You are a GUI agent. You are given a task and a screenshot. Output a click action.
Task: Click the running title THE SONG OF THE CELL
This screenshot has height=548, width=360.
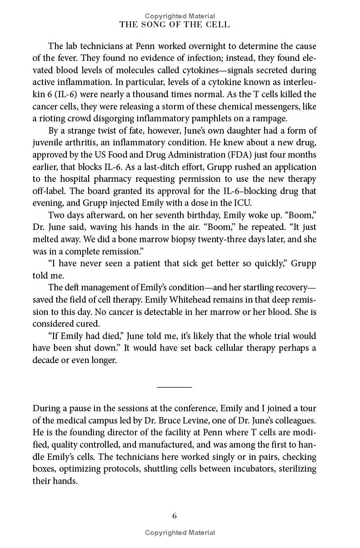pos(175,25)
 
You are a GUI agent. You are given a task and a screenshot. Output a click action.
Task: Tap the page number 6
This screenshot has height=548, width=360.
pos(175,516)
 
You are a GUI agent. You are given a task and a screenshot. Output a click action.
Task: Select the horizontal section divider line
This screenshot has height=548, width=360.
pos(175,386)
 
